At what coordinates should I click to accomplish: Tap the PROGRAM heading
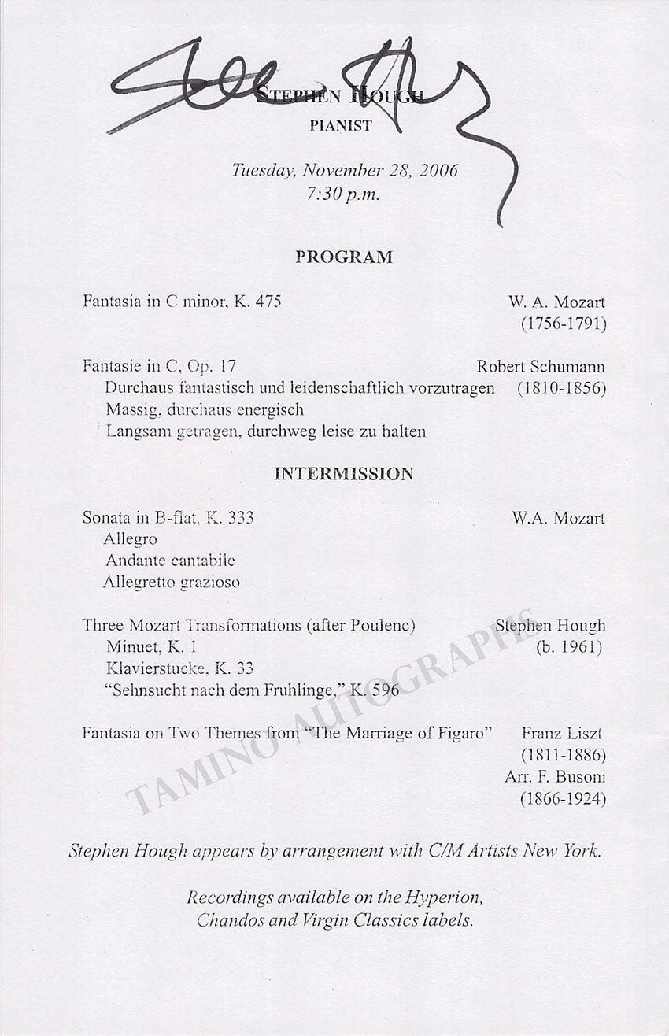pyautogui.click(x=344, y=257)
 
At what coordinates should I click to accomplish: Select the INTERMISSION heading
pyautogui.click(x=344, y=474)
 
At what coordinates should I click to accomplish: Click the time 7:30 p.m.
pyautogui.click(x=344, y=194)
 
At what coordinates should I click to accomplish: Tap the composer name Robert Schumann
pyautogui.click(x=541, y=367)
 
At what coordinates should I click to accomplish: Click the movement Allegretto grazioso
pyautogui.click(x=172, y=583)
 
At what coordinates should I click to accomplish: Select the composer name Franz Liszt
pyautogui.click(x=563, y=734)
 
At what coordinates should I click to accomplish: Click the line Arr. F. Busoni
pyautogui.click(x=555, y=776)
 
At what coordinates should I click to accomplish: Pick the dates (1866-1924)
pyautogui.click(x=562, y=798)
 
